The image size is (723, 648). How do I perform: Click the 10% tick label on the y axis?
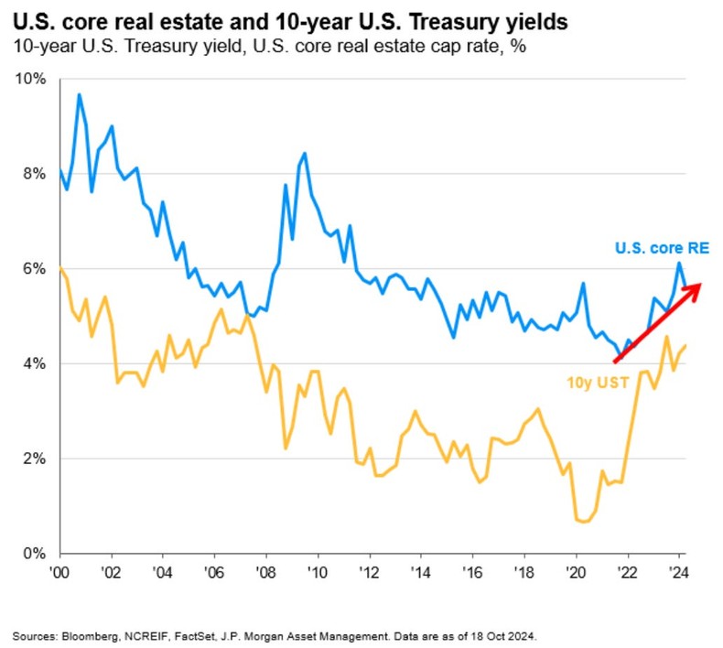(32, 79)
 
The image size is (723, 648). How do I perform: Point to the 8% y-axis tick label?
(35, 174)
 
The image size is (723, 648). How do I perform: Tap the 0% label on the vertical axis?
(35, 554)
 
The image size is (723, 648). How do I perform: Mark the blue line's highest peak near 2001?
(79, 94)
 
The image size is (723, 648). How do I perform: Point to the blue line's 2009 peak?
(304, 153)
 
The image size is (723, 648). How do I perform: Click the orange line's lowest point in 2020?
(584, 522)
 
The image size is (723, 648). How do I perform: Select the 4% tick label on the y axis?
(35, 364)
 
